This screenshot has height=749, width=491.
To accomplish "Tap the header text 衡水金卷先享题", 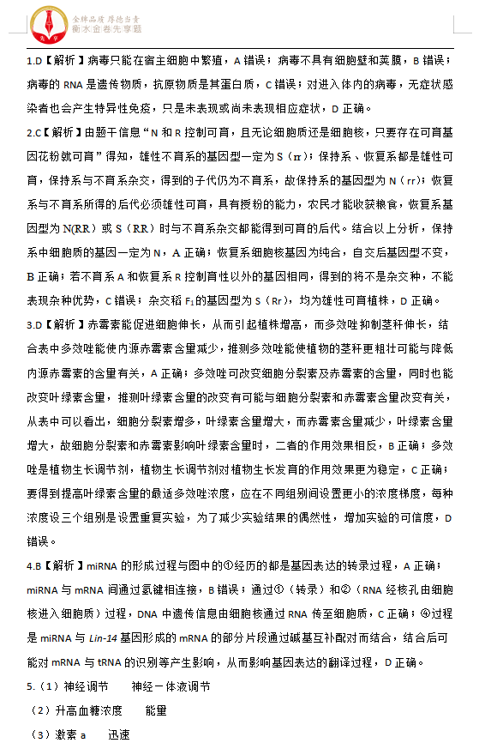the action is (x=106, y=27).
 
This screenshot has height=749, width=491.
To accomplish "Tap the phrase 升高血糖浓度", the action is (x=88, y=711).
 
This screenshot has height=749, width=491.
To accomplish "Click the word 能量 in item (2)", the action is (x=156, y=711).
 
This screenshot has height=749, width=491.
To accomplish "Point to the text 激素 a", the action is (x=70, y=735).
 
